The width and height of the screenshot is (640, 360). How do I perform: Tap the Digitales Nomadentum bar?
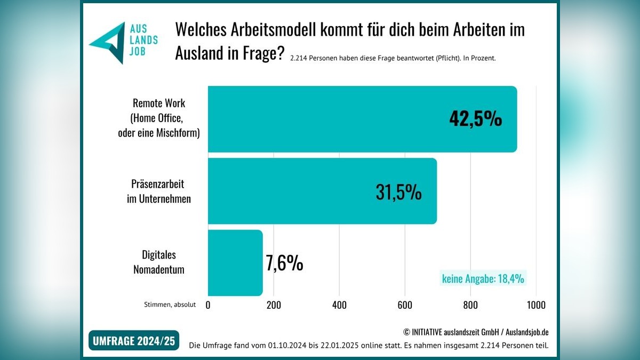pyautogui.click(x=235, y=263)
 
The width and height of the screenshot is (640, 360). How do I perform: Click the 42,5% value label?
pyautogui.click(x=475, y=119)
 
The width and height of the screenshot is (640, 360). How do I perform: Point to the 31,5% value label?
pyautogui.click(x=398, y=192)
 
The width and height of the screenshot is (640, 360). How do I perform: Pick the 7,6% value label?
pyautogui.click(x=284, y=263)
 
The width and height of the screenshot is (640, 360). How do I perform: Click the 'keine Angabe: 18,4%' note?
pyautogui.click(x=483, y=278)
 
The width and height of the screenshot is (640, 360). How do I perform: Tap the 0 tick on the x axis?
pyautogui.click(x=208, y=305)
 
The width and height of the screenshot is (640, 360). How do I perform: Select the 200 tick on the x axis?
pyautogui.click(x=274, y=305)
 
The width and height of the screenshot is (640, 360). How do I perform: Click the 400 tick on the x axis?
pyautogui.click(x=339, y=305)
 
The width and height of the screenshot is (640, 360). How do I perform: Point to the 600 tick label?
pyautogui.click(x=405, y=305)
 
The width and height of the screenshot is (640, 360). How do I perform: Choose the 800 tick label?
pyautogui.click(x=470, y=305)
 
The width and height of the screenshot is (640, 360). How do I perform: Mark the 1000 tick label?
pyautogui.click(x=536, y=305)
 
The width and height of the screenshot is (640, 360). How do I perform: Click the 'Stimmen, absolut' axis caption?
pyautogui.click(x=170, y=305)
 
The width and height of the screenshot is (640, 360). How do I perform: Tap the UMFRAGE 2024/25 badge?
pyautogui.click(x=134, y=340)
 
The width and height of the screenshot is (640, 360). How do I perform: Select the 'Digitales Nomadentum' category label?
pyautogui.click(x=158, y=262)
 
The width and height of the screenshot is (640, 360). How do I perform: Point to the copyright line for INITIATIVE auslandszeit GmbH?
pyautogui.click(x=476, y=332)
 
